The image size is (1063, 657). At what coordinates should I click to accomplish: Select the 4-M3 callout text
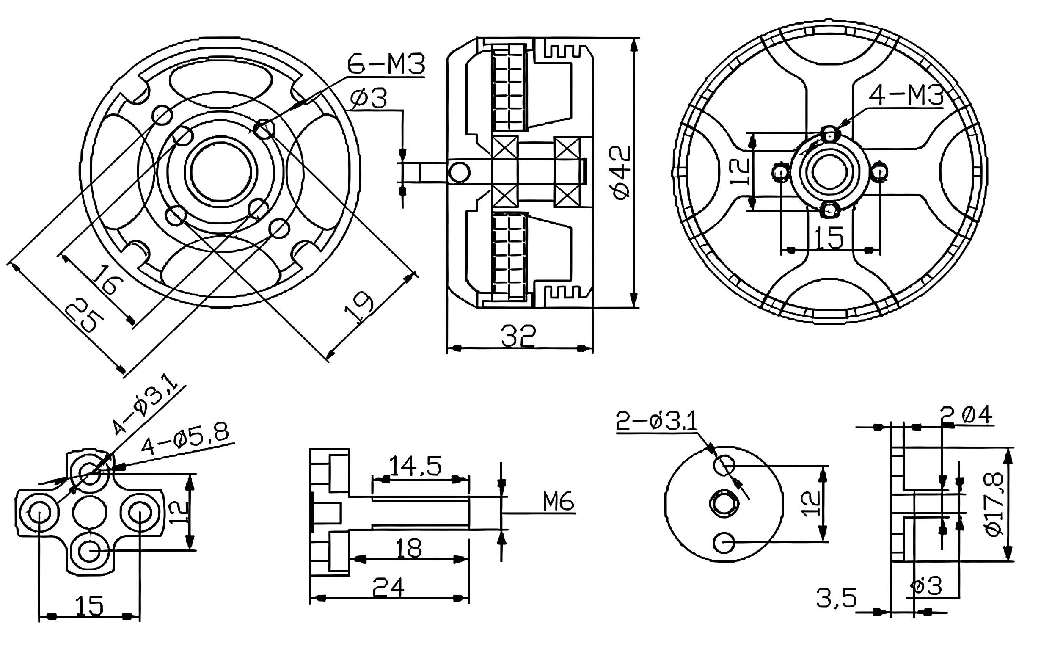(x=906, y=96)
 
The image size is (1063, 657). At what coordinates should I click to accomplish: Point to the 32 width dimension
(x=518, y=336)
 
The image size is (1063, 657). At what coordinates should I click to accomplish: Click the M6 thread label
(x=558, y=502)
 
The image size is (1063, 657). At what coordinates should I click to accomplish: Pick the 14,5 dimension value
(x=415, y=466)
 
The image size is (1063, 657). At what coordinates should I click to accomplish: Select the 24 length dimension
(x=388, y=588)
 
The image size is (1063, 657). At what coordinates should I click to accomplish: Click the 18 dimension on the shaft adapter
(x=409, y=548)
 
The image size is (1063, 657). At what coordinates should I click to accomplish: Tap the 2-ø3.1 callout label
(x=655, y=422)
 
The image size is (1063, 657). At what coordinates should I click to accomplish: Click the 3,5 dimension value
(x=836, y=598)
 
